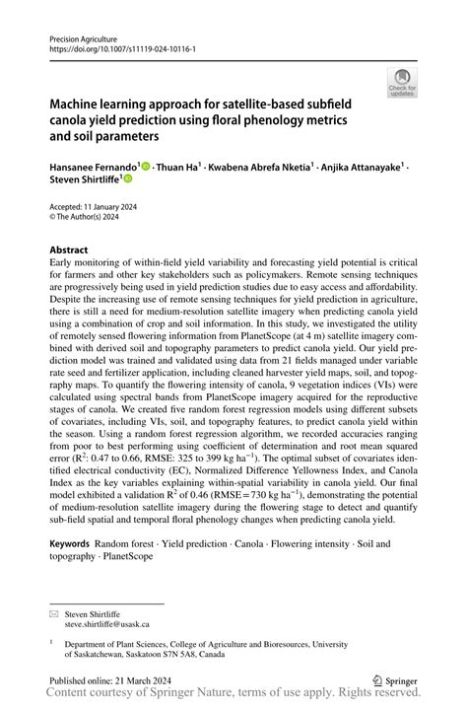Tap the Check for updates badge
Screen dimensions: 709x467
click(x=402, y=83)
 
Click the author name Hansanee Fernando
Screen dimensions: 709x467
click(x=94, y=168)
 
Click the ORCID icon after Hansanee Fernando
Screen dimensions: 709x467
click(x=146, y=168)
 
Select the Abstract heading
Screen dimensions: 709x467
click(x=69, y=250)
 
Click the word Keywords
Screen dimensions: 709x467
click(x=69, y=543)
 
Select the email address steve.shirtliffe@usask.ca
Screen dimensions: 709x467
click(x=109, y=624)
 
